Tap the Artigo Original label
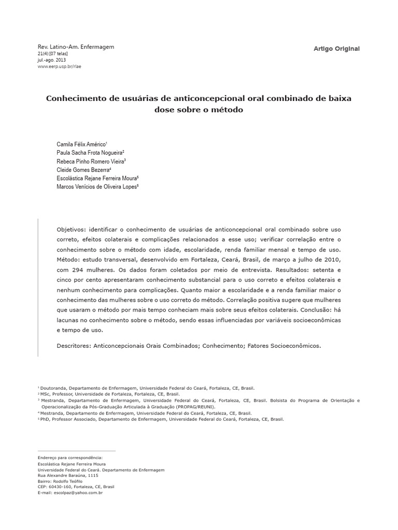(x=336, y=49)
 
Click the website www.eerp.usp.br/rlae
(x=60, y=66)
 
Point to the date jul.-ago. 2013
(x=52, y=60)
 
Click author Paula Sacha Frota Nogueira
(x=90, y=153)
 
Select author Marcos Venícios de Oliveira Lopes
(x=97, y=186)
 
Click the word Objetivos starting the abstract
(x=72, y=229)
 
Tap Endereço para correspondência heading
(x=70, y=458)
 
